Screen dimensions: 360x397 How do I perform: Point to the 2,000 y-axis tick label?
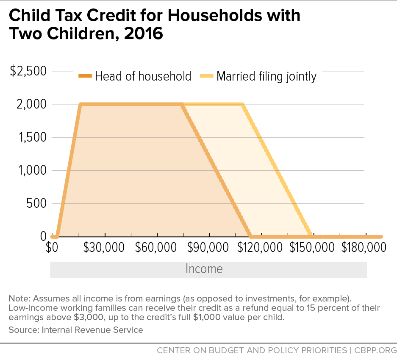(x=31, y=104)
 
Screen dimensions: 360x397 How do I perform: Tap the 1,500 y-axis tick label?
(x=31, y=137)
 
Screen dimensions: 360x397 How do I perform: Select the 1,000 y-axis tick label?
(x=31, y=170)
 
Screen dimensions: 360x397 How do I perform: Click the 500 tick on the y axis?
(x=35, y=204)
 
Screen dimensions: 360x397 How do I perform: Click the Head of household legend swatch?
(x=85, y=76)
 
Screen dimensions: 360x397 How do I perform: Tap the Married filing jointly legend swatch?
(x=206, y=76)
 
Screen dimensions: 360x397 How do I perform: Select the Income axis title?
(x=204, y=269)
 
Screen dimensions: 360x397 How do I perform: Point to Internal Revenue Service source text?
(x=93, y=329)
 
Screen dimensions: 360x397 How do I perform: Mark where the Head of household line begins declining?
(x=182, y=104)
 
